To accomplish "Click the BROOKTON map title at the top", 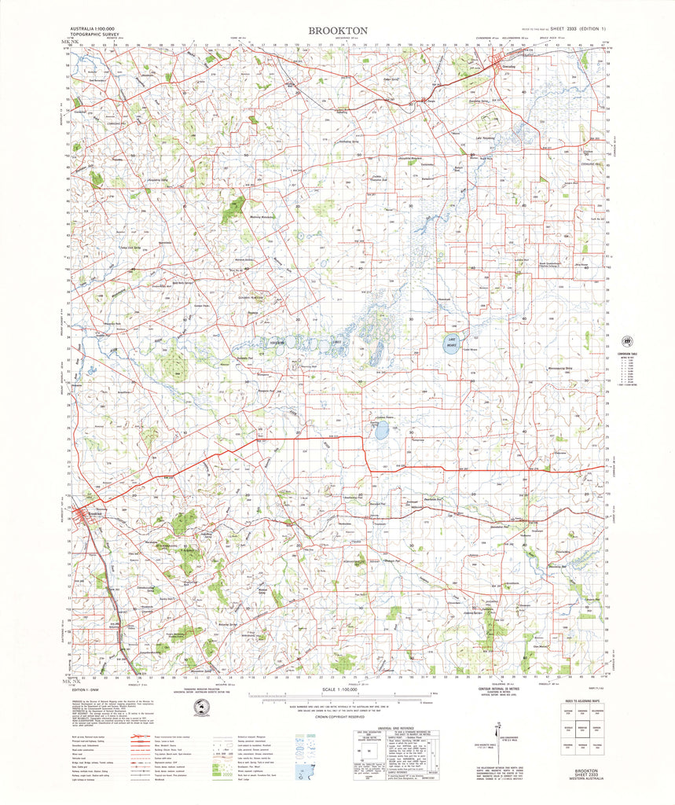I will (337, 30).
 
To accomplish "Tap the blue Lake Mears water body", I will (450, 344).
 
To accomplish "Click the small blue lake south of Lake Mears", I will (381, 431).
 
